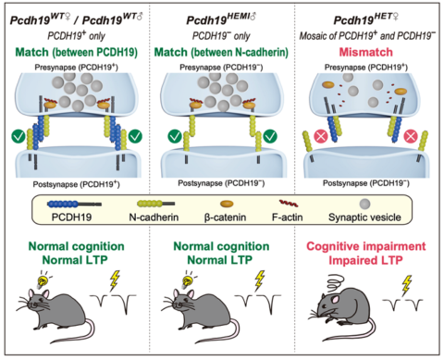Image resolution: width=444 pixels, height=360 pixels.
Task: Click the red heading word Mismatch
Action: (x=368, y=53)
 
